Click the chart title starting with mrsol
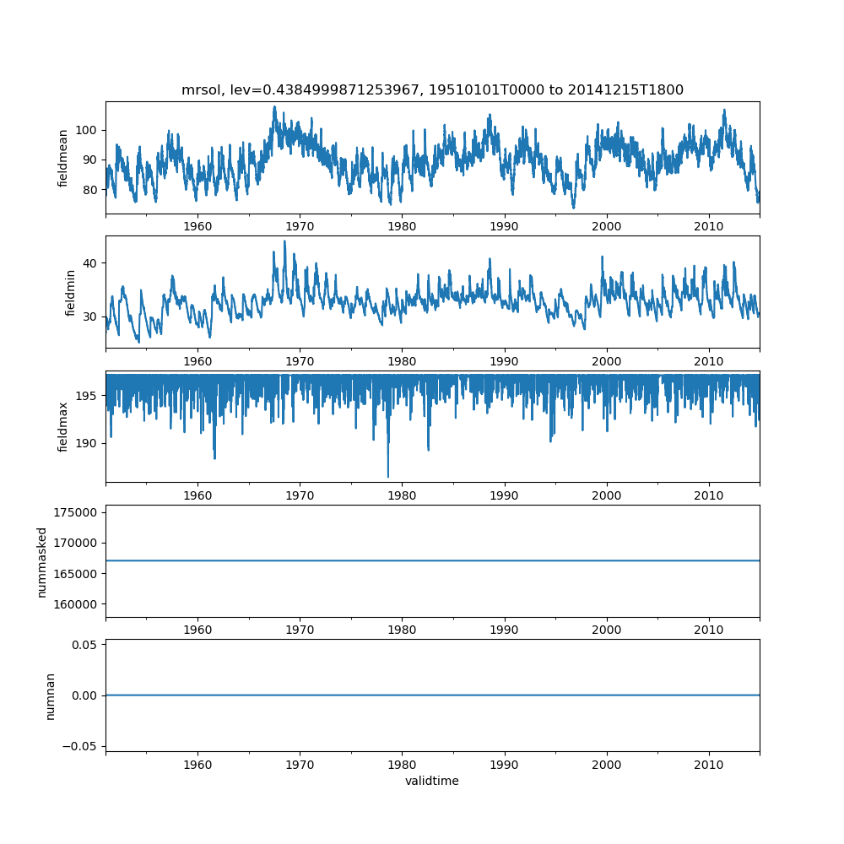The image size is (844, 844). coord(432,89)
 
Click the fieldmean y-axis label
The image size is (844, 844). coord(63,158)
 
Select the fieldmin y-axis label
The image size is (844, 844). coord(70,292)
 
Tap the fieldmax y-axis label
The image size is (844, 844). coord(63,426)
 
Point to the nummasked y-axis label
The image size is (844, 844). coord(41,562)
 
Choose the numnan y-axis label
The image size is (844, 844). coord(51,695)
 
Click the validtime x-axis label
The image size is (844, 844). coord(432,781)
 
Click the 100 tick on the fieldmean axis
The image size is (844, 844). coord(88,130)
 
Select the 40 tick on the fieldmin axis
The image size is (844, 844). coord(90,263)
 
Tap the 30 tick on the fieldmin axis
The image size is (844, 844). coord(90,317)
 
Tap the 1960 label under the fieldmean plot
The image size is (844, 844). coord(197,229)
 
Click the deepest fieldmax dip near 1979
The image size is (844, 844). coord(388,477)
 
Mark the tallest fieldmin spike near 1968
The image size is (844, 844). coord(284,241)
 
